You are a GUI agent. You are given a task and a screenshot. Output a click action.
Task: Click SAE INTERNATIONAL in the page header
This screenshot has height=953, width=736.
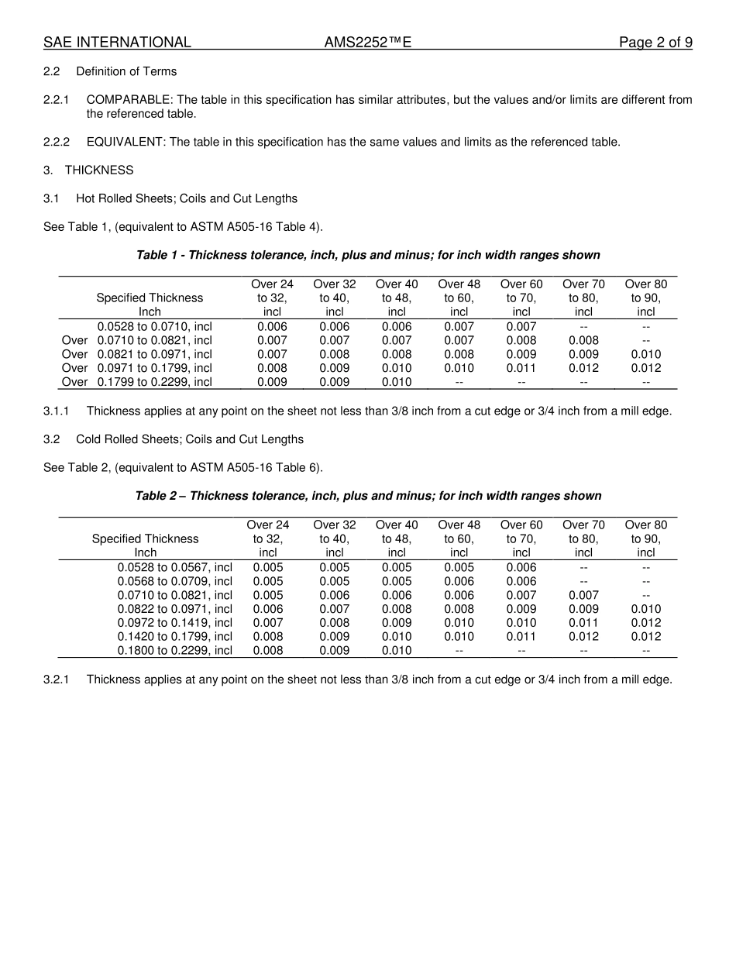click(117, 43)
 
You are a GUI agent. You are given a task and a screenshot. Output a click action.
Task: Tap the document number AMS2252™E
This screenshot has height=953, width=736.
click(367, 43)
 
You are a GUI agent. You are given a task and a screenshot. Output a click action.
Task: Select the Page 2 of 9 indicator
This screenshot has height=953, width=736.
click(655, 43)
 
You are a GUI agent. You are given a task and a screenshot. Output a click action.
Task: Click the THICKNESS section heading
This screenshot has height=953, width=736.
click(99, 170)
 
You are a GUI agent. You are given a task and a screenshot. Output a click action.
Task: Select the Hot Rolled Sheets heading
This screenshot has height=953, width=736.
click(187, 199)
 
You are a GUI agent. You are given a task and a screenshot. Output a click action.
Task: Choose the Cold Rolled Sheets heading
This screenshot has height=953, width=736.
click(190, 439)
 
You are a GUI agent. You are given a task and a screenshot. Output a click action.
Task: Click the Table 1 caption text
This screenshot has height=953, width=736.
click(368, 255)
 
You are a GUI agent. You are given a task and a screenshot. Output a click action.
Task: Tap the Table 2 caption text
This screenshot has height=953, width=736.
click(368, 496)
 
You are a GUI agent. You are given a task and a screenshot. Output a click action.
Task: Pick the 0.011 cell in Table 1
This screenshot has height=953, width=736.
click(521, 368)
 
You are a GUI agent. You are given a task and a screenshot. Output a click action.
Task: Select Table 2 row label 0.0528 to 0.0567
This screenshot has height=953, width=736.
click(174, 567)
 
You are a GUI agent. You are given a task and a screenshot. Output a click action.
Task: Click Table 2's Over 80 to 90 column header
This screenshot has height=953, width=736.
click(645, 538)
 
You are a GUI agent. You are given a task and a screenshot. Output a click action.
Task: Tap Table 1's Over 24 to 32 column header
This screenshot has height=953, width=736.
click(272, 298)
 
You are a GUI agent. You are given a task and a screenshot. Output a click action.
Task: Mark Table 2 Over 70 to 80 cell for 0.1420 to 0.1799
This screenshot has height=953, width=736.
click(583, 636)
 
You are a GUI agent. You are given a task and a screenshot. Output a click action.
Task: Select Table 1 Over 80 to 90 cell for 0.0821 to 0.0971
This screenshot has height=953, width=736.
click(645, 354)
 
